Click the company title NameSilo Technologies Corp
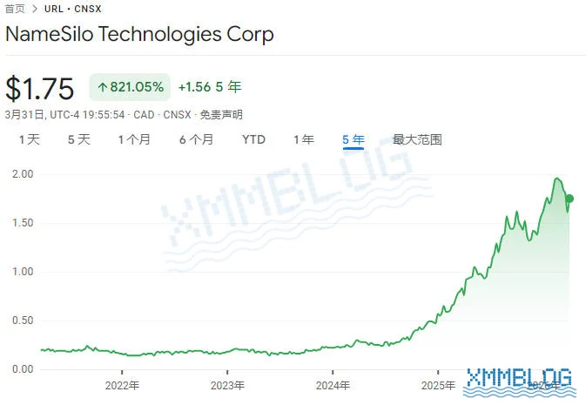[139, 35]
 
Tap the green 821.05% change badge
[130, 87]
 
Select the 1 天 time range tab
[30, 139]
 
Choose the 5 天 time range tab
[79, 139]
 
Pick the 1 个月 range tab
[135, 139]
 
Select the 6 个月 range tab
[196, 139]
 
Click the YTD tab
[254, 139]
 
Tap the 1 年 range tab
[304, 139]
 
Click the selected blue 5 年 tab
[354, 139]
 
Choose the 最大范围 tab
[417, 139]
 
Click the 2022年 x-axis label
[122, 385]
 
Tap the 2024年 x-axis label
[333, 385]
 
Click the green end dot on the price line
[569, 199]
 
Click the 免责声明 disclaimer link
[221, 114]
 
